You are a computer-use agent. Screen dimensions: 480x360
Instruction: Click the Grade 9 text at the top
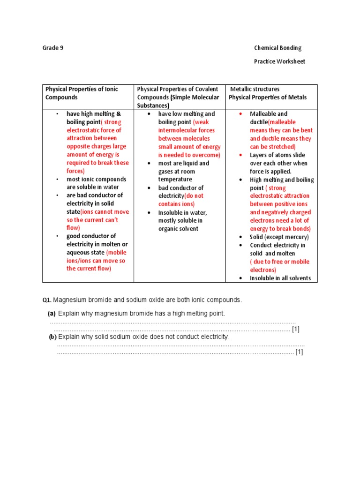coord(53,48)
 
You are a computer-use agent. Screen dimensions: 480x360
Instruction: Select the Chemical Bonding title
coord(277,48)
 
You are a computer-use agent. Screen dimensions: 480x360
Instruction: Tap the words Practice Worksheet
coord(279,61)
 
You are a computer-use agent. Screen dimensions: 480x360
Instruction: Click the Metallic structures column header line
coord(255,89)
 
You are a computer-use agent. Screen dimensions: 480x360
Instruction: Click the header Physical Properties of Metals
coord(268,97)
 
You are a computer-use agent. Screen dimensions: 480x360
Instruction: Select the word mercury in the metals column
coord(296,237)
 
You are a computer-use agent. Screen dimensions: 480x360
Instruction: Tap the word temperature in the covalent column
coord(175,180)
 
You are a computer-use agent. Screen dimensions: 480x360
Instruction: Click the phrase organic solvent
coord(178,229)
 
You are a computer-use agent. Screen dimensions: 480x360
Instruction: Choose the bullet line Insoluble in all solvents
coord(280,278)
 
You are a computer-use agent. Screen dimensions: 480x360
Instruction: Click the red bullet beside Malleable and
coord(240,114)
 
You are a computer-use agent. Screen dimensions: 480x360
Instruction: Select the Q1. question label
coord(47,300)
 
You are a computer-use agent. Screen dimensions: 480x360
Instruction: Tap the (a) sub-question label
coord(52,313)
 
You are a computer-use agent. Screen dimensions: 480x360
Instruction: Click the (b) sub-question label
coord(52,337)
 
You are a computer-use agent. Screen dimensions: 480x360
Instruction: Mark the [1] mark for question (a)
coord(296,329)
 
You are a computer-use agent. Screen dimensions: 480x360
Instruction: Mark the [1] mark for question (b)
coord(300,352)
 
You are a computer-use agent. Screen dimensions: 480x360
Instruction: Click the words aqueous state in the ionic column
coord(85,253)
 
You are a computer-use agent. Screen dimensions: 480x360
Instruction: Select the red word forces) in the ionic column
coord(75,171)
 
